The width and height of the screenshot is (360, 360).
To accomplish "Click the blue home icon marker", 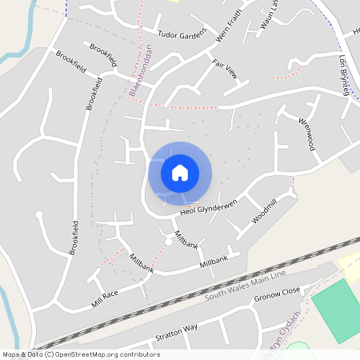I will [x=180, y=172].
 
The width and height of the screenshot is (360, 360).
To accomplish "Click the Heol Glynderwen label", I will [x=210, y=206].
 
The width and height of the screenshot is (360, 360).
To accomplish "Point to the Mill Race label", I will [x=104, y=298].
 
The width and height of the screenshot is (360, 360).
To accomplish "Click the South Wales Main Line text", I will [x=244, y=286].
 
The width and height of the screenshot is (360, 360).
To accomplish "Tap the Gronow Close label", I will [x=277, y=295].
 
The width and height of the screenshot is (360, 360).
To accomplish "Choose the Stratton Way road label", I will [x=176, y=329].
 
